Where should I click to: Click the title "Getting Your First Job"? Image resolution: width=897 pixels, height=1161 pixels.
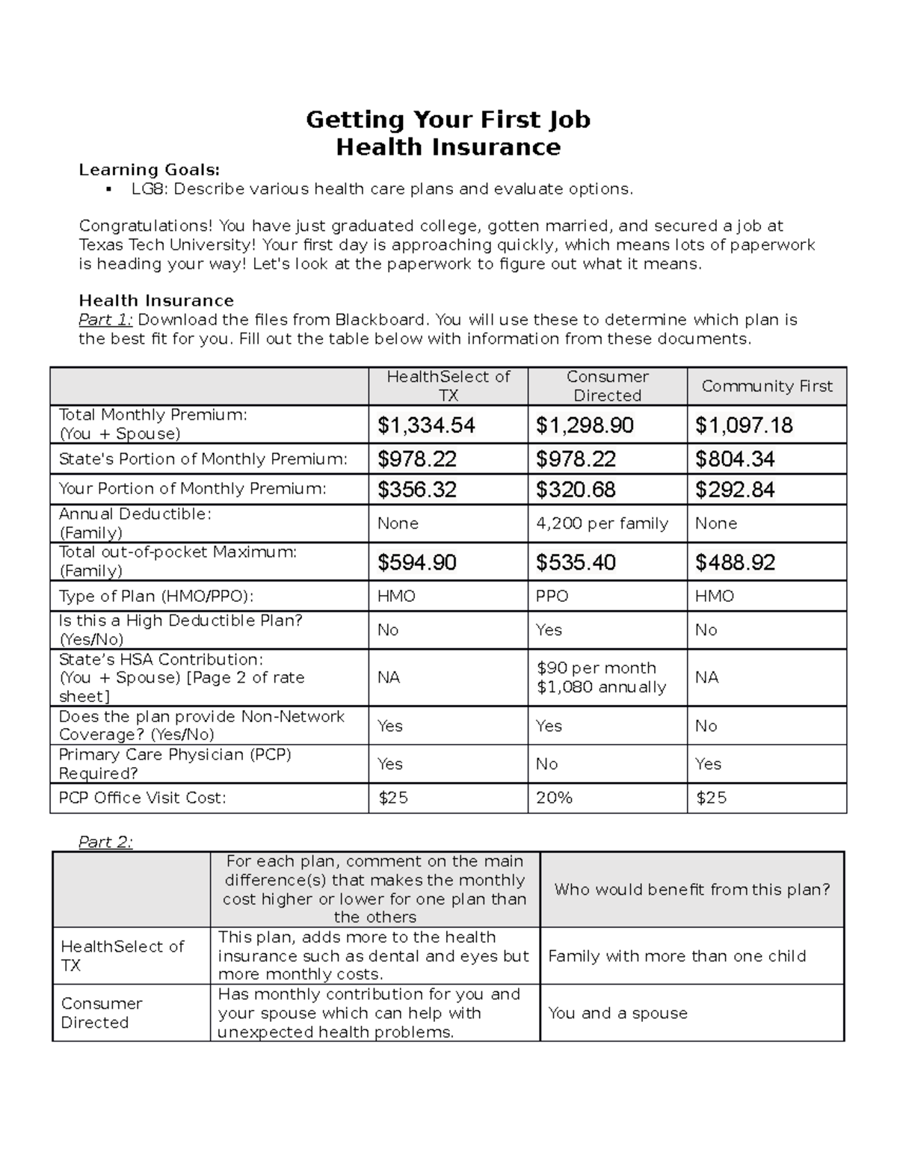[x=448, y=120]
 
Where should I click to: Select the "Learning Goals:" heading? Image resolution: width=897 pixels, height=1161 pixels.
[x=149, y=170]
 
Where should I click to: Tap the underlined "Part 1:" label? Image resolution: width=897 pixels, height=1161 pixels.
[x=106, y=320]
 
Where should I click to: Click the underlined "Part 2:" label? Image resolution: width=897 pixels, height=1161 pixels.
[x=105, y=842]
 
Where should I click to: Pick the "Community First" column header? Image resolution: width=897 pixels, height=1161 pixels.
[x=766, y=386]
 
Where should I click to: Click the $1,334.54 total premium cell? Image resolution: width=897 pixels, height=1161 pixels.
[x=426, y=425]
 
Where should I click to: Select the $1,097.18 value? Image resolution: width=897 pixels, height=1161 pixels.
[x=744, y=425]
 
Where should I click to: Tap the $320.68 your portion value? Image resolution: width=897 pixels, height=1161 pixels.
[x=576, y=490]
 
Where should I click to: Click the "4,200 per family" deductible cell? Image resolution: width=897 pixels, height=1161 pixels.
[x=602, y=523]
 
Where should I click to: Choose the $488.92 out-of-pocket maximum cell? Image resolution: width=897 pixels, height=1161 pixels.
[x=735, y=562]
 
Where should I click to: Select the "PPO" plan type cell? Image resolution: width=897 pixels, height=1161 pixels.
[x=552, y=596]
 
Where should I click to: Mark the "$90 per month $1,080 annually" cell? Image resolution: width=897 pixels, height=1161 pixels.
[x=601, y=677]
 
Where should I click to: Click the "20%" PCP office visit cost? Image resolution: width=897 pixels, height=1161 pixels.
[x=554, y=798]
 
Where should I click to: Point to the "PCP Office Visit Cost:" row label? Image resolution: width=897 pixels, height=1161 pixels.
[x=142, y=798]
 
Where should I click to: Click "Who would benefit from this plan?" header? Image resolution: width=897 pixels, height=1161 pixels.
[x=692, y=890]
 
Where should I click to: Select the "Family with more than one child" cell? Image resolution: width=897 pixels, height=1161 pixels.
[x=676, y=956]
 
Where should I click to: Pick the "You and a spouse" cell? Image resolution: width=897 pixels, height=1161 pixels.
[x=617, y=1013]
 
